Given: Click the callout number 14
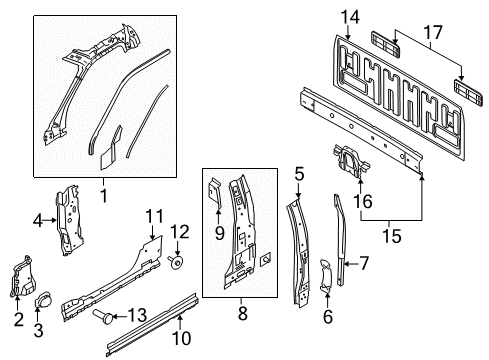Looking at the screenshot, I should coord(349,15).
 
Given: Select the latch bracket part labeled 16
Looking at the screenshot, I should coord(350,161).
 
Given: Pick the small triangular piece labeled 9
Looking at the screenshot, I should coord(216,194).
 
